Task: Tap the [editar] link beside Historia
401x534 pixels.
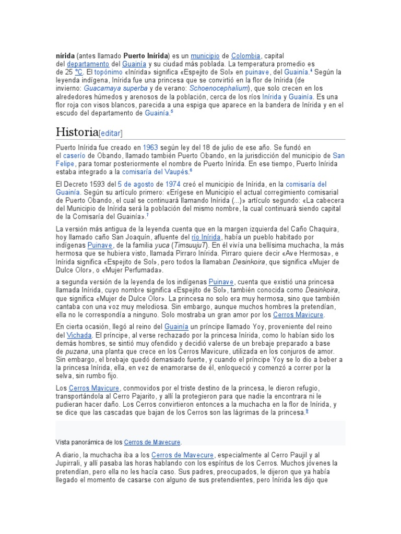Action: (110, 132)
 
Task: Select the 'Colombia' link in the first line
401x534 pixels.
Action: (245, 55)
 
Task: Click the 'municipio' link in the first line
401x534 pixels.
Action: (204, 55)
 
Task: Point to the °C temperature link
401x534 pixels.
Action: (79, 72)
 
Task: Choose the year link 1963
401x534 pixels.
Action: (150, 148)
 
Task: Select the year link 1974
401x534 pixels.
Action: (173, 184)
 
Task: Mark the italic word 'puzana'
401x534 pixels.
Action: (67, 351)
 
